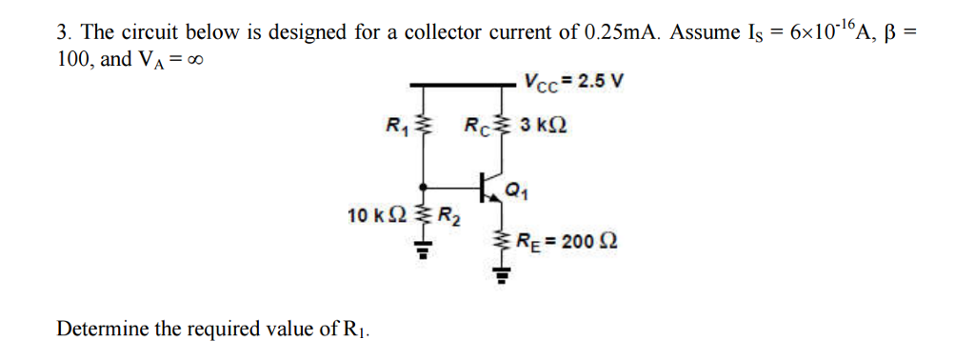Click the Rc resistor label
[x=476, y=125]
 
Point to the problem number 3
[x=63, y=32]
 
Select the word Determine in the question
[x=102, y=330]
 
